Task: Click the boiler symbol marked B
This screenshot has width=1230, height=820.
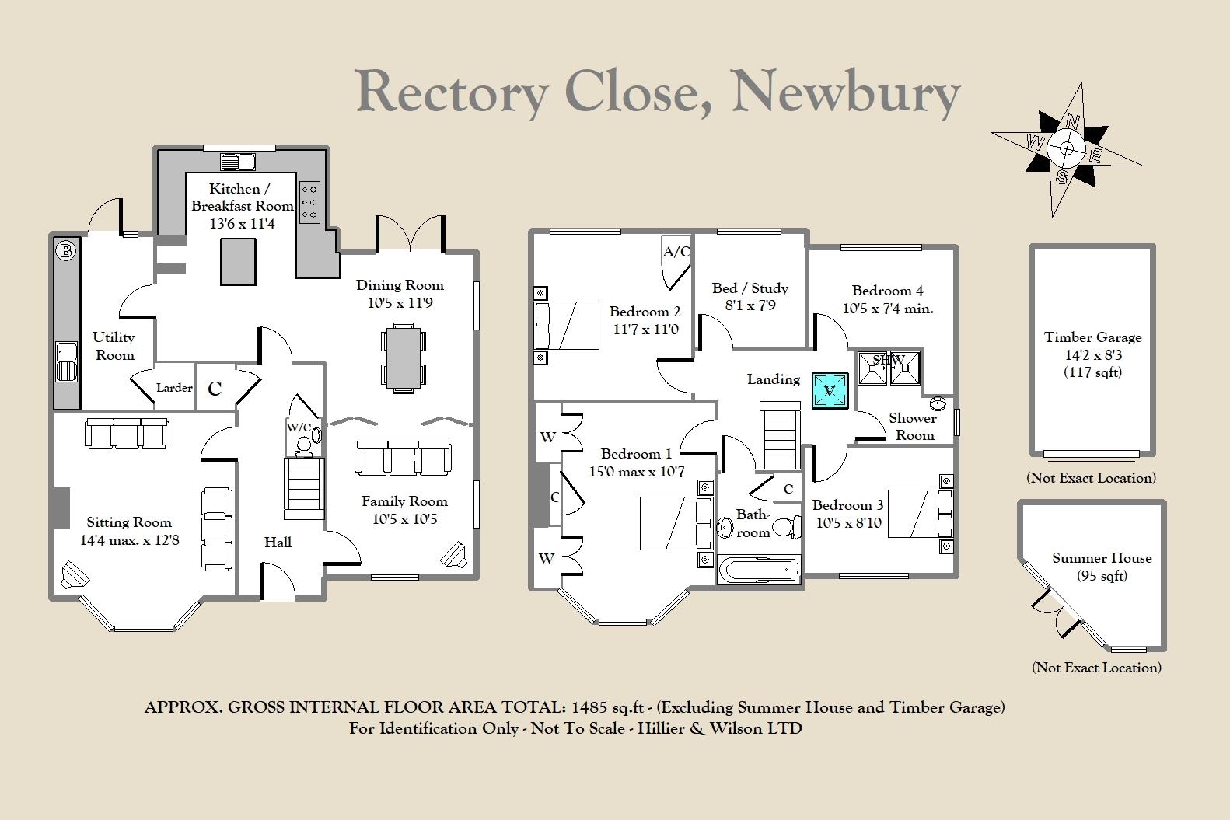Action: tap(66, 250)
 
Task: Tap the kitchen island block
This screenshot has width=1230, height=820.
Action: tap(238, 262)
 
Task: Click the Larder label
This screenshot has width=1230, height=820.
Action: tap(174, 387)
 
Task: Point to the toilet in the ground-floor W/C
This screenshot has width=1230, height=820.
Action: tap(303, 445)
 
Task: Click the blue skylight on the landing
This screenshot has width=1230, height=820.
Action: tap(830, 390)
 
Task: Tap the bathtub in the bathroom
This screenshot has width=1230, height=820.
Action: tap(758, 570)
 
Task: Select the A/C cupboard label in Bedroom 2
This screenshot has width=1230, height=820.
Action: tap(676, 252)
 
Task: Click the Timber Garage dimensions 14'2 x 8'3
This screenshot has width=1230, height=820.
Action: tap(1092, 355)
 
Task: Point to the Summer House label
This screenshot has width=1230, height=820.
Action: tap(1102, 558)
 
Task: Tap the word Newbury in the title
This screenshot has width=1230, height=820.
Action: tap(845, 92)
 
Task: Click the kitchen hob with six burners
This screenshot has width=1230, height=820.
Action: tap(309, 201)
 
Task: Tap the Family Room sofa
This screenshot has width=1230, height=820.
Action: tap(403, 458)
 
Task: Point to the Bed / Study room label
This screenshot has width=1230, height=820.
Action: tap(750, 288)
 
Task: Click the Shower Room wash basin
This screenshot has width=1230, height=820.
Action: tap(938, 404)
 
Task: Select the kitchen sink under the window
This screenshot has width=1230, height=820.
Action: tap(238, 162)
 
